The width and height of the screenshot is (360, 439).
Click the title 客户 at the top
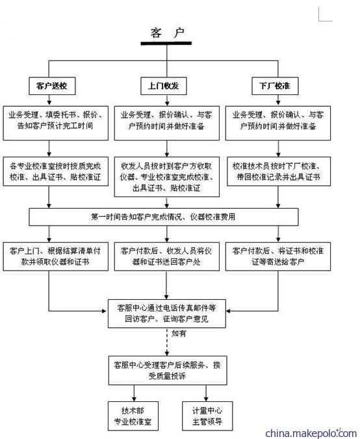coord(167,33)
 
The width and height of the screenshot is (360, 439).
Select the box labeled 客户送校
coord(52,86)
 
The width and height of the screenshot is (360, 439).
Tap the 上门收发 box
coord(164,86)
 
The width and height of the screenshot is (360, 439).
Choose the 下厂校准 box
coord(275,86)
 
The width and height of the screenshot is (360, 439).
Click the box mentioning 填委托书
coord(56,123)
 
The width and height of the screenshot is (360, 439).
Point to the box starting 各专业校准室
coord(56,171)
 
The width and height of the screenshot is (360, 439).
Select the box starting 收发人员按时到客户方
coord(167,177)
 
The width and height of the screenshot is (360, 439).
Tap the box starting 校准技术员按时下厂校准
coord(279,171)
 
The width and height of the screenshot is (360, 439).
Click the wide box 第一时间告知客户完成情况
coord(164,217)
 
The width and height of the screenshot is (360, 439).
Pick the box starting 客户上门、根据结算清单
coord(56,256)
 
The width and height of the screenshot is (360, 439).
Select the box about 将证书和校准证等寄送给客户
coord(278,256)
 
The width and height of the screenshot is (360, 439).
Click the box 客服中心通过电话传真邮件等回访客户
coord(167,313)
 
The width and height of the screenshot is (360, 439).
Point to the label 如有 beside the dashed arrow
coord(179,334)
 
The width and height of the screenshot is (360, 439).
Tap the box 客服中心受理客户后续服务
coord(168,371)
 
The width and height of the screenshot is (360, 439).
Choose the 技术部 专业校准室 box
coord(133,416)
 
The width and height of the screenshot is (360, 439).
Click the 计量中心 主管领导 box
coord(207,416)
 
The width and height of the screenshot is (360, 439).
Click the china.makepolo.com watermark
coord(311,433)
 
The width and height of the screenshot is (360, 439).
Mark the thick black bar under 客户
coord(166,44)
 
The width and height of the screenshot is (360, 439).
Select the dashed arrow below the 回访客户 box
coord(167,342)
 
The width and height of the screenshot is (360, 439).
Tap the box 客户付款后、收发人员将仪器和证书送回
coord(167,256)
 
